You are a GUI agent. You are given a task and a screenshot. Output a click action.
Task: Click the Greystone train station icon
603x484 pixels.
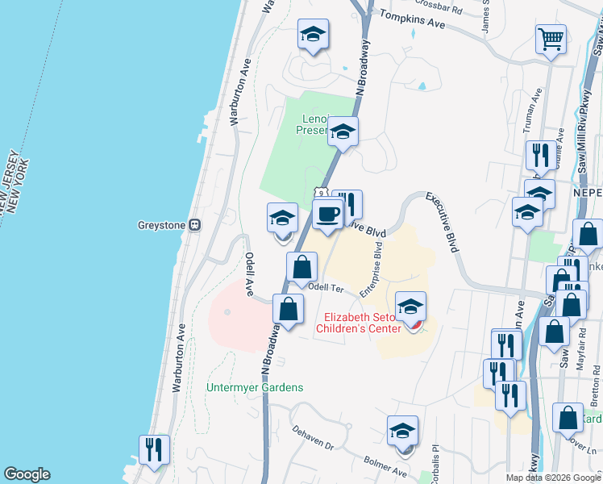(194, 225)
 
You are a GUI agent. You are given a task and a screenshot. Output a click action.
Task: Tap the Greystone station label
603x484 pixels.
(162, 225)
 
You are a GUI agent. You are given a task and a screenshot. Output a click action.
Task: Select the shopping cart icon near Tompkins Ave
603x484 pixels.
(551, 38)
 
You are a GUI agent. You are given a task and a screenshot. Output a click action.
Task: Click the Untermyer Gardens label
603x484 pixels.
(255, 387)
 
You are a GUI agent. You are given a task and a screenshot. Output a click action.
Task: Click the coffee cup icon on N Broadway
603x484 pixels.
(326, 215)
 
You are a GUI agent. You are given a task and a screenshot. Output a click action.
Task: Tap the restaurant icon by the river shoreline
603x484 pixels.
(153, 449)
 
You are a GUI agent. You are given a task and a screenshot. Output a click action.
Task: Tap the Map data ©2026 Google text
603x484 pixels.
(553, 478)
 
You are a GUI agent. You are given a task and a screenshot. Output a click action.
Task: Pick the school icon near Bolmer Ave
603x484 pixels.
(402, 430)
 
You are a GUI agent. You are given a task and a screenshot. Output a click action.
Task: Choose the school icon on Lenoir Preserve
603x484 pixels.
(343, 131)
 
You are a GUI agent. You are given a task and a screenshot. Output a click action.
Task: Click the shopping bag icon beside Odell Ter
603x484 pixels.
(301, 266)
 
